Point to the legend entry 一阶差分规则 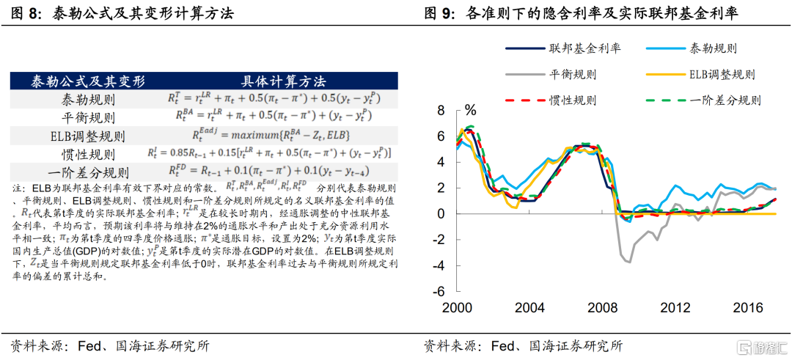tap(725, 100)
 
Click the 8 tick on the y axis tap(441, 111)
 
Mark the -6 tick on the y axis tap(439, 291)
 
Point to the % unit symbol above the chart tap(470, 111)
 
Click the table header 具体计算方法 tap(282, 81)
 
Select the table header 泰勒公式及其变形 tap(87, 81)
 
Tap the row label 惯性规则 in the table tap(87, 155)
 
